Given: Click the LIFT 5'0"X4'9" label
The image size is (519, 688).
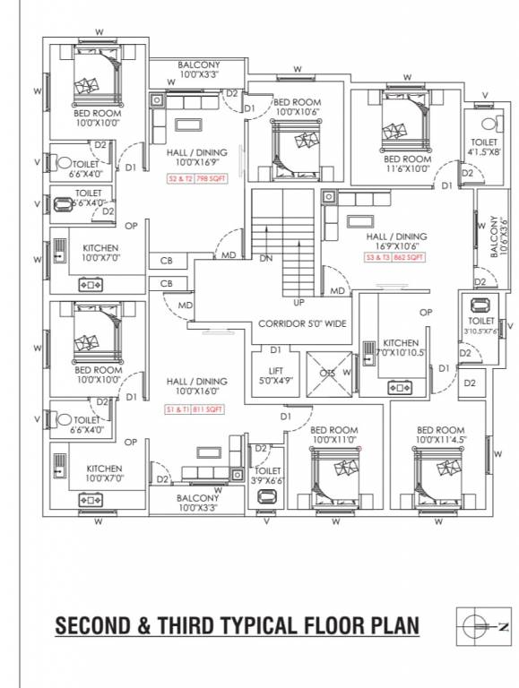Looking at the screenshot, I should [x=275, y=375].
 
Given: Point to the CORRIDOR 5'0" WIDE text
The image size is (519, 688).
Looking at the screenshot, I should [x=302, y=323].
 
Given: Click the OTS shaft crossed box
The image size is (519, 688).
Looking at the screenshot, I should [x=328, y=374].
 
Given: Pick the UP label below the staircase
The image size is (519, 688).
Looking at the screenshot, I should [x=298, y=302].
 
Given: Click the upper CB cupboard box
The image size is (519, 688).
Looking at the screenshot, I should [x=167, y=262].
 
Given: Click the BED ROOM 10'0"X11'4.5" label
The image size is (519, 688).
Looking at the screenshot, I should [x=440, y=435].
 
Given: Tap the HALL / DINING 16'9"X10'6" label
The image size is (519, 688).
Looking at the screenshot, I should [x=395, y=242].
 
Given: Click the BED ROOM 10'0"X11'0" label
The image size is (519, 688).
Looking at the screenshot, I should [x=334, y=435].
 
